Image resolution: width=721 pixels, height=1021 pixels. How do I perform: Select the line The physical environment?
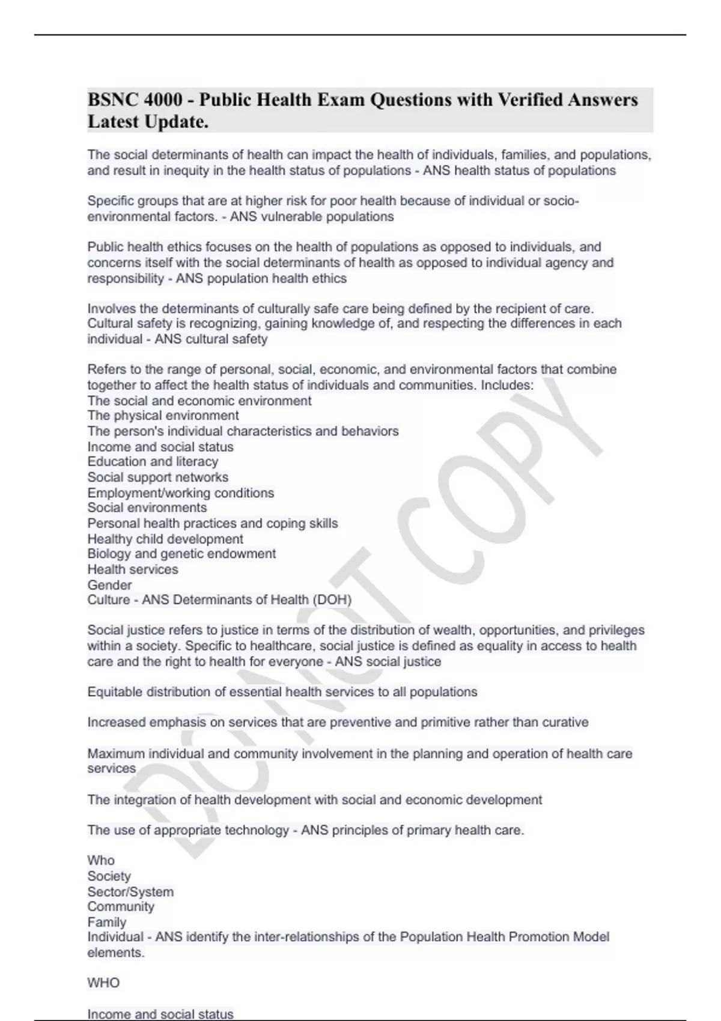click(x=163, y=416)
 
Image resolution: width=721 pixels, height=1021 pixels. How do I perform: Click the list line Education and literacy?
click(x=153, y=462)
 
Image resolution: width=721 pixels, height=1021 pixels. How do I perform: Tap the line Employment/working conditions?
click(x=180, y=493)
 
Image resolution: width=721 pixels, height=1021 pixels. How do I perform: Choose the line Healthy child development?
click(x=165, y=539)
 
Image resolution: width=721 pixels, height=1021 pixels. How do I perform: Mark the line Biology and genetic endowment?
click(x=181, y=554)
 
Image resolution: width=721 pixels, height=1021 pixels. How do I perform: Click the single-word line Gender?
click(x=109, y=585)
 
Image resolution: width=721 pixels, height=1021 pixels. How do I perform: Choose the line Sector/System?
click(x=130, y=892)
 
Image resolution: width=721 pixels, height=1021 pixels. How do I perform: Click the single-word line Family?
click(x=107, y=923)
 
